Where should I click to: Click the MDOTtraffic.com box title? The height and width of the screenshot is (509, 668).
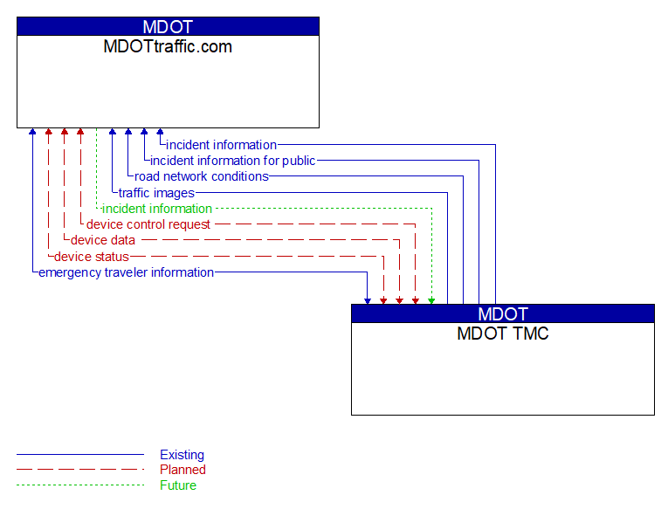(168, 47)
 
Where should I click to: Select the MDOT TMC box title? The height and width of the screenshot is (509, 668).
(502, 334)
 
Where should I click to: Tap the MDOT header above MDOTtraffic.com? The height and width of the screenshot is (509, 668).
(168, 26)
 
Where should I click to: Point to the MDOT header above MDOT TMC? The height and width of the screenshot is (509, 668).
(502, 313)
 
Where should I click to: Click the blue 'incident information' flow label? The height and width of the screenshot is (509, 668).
(221, 145)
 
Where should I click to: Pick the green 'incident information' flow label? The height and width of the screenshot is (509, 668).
(157, 209)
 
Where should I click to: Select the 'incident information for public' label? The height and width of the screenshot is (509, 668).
(232, 161)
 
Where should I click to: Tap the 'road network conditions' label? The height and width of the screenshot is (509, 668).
(202, 176)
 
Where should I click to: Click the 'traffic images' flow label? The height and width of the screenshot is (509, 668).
(156, 193)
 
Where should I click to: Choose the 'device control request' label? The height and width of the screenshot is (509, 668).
(148, 224)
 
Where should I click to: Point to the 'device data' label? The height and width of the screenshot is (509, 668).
(103, 240)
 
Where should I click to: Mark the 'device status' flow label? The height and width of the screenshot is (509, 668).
(92, 257)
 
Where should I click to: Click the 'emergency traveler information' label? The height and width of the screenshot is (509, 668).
(127, 272)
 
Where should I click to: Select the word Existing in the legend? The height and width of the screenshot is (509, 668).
(182, 455)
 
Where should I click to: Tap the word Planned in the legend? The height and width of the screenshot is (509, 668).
(182, 470)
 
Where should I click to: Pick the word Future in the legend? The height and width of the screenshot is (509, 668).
(178, 485)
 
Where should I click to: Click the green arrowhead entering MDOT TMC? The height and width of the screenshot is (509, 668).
(431, 300)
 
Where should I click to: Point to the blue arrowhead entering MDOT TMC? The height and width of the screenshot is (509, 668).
(368, 300)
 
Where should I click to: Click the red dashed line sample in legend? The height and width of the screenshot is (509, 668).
(79, 470)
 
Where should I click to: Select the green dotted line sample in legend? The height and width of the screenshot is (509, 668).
(79, 485)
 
